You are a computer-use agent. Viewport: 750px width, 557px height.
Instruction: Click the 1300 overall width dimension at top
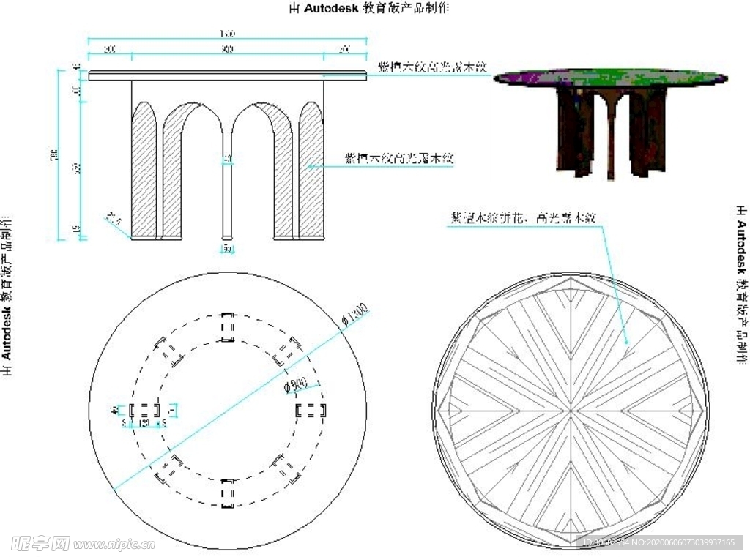(x=226, y=34)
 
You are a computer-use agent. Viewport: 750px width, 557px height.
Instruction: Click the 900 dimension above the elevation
(x=226, y=50)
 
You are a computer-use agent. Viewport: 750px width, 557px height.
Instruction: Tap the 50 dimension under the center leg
(x=227, y=250)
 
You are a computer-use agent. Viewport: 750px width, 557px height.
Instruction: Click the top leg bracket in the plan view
(x=227, y=326)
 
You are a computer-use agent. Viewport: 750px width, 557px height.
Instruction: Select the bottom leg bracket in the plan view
(x=227, y=493)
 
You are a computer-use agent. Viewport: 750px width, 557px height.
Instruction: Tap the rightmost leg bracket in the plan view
(x=310, y=410)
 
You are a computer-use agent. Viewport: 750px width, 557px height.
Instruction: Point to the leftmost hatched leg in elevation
(x=144, y=172)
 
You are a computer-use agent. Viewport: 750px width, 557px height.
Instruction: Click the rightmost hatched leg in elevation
(x=311, y=172)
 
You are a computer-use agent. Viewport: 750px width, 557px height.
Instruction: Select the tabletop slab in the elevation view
(x=227, y=75)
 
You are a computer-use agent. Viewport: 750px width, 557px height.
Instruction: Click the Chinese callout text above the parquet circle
(x=524, y=217)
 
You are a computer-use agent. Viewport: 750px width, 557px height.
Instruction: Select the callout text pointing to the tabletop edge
(x=431, y=67)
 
